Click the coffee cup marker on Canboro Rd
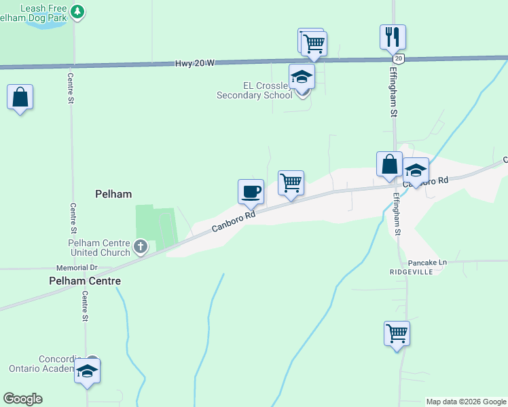click(x=251, y=191)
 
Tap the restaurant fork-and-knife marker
click(x=393, y=37)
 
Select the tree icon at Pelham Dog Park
click(x=77, y=12)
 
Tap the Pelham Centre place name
click(x=85, y=281)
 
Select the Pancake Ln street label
click(x=428, y=263)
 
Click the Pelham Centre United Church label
click(x=98, y=248)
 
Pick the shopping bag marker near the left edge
click(x=20, y=97)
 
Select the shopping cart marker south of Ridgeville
click(x=397, y=333)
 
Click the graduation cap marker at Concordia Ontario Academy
click(x=88, y=371)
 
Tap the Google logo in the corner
click(x=22, y=399)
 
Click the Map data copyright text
click(x=466, y=402)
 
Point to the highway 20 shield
click(x=399, y=59)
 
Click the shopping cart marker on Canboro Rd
click(x=291, y=182)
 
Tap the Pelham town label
click(x=113, y=194)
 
